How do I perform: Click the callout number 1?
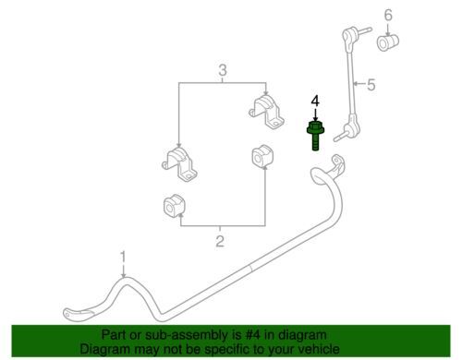[x=123, y=257]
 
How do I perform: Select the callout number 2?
[x=220, y=241]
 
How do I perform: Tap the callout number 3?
[x=223, y=70]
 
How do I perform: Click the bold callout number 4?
[x=315, y=101]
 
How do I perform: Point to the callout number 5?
[x=371, y=85]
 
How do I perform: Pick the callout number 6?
[x=388, y=15]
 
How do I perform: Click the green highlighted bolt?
[x=315, y=136]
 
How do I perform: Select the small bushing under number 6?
[x=388, y=42]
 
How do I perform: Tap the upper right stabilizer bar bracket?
[x=266, y=113]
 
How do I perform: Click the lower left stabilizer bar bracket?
[x=180, y=165]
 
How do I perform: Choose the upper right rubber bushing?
[x=262, y=155]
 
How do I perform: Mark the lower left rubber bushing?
[x=174, y=206]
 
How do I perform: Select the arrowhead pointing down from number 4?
[x=315, y=118]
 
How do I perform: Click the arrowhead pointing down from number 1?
[x=124, y=275]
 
